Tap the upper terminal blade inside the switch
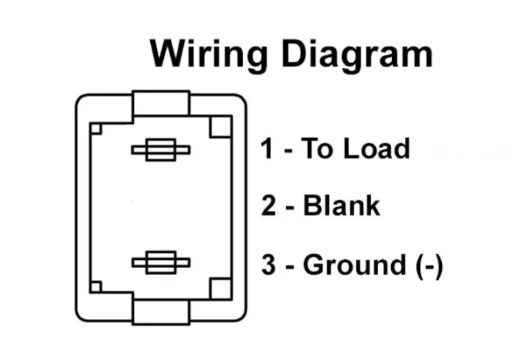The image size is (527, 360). pos(161,152)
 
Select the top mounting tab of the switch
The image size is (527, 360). pos(161,104)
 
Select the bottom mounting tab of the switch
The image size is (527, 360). pos(161,311)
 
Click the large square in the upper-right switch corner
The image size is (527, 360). pos(220,127)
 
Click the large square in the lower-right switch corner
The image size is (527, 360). pos(220,288)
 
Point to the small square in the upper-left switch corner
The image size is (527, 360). pos(97,128)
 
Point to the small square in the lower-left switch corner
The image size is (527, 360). pos(97,287)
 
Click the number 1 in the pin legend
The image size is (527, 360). pos(267,149)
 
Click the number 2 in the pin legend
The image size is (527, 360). pos(269,205)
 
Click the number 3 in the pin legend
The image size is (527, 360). pos(269,264)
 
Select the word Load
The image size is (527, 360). pos(379,149)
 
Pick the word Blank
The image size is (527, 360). pos(341,205)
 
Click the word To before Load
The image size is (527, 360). pos(317,149)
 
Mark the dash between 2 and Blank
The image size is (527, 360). pos(290,207)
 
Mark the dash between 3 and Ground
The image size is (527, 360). pos(290,266)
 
